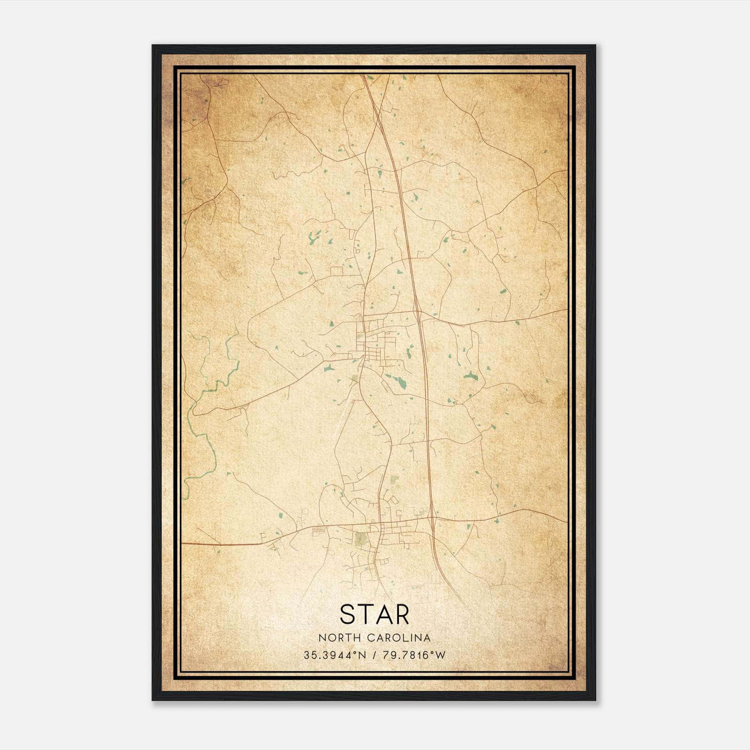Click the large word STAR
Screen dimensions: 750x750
pyautogui.click(x=375, y=614)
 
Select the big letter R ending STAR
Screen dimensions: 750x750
pyautogui.click(x=401, y=614)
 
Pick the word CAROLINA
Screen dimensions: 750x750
pyautogui.click(x=399, y=638)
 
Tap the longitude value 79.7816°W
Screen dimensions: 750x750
pyautogui.click(x=415, y=655)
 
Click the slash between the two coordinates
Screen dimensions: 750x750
pyautogui.click(x=374, y=655)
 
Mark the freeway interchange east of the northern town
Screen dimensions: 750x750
pyautogui.click(x=417, y=313)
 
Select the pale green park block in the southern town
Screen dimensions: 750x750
pyautogui.click(x=360, y=539)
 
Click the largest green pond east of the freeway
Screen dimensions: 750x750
pyautogui.click(x=470, y=375)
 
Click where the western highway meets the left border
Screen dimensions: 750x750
pyautogui.click(x=183, y=544)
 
